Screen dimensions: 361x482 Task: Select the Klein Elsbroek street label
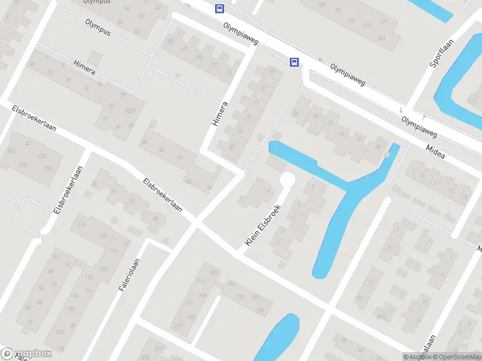click(264, 223)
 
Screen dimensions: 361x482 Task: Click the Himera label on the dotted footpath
click(84, 69)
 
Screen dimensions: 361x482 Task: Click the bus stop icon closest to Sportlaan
click(295, 61)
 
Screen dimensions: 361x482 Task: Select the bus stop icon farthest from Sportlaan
click(219, 8)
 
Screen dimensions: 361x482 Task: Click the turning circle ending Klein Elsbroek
click(287, 179)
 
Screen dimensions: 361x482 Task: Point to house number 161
click(381, 39)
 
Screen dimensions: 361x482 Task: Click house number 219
click(178, 326)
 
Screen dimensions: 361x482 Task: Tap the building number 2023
click(130, 111)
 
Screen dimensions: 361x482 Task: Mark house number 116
click(112, 251)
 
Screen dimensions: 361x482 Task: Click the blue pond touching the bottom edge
click(277, 340)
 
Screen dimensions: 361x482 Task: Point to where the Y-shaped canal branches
click(349, 190)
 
